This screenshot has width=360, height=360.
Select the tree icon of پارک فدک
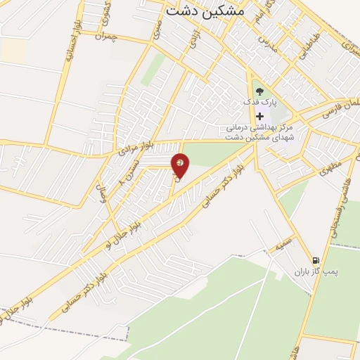click(259, 91)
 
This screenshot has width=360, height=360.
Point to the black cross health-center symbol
click(260, 116)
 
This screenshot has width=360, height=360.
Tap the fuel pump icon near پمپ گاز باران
click(315, 259)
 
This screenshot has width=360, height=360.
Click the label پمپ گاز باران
click(311, 271)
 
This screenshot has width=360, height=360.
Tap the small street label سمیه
click(284, 246)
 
